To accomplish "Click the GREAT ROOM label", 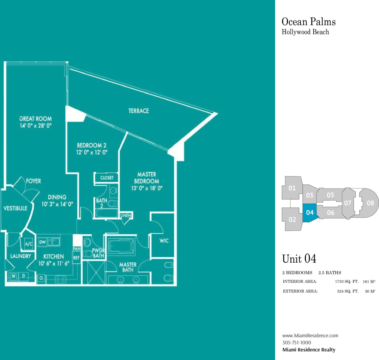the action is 36,119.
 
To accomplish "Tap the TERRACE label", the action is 138,111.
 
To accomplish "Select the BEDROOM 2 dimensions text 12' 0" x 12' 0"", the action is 92,152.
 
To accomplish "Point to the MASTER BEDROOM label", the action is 147,178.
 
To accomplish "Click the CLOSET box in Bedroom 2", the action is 107,178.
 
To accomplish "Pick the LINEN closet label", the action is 126,215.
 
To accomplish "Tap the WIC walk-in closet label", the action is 164,241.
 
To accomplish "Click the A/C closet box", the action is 29,244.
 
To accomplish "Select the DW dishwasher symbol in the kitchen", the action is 42,242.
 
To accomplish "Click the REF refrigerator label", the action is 76,258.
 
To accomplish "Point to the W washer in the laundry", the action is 13,276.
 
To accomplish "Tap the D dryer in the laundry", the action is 23,276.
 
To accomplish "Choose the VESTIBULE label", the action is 15,208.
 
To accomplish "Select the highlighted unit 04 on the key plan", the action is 309,212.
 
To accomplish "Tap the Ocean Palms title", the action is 309,22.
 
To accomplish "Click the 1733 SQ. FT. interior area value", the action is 347,281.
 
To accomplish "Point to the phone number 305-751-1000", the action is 296,343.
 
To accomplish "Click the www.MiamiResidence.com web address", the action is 310,336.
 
